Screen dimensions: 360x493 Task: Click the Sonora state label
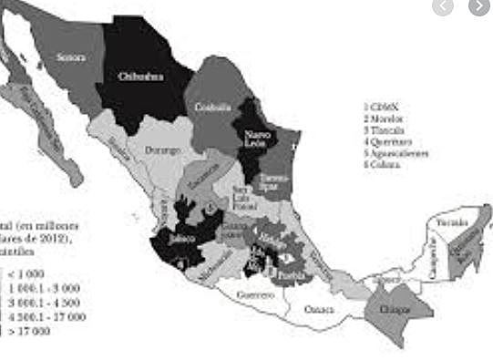point(70,57)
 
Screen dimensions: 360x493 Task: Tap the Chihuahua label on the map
point(141,77)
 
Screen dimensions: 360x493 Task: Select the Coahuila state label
point(212,107)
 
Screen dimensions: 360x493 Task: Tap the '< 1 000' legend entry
point(28,273)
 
